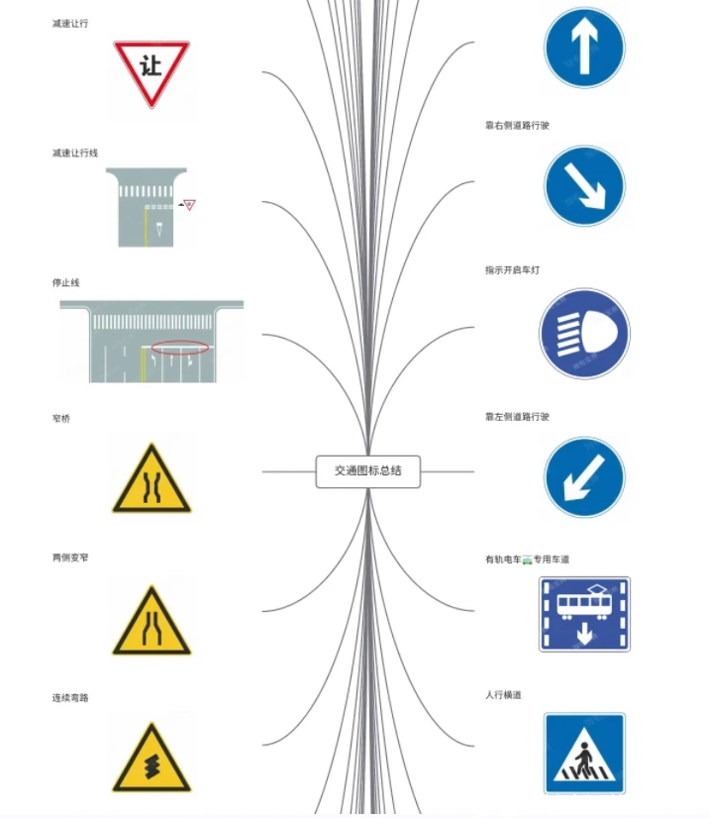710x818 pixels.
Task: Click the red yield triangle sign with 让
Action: pyautogui.click(x=152, y=71)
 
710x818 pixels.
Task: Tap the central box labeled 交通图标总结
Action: pyautogui.click(x=367, y=471)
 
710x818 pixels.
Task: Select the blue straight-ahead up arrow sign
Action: pyautogui.click(x=584, y=48)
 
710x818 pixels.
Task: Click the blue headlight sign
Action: pyautogui.click(x=584, y=334)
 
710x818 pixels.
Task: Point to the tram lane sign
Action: pyautogui.click(x=584, y=614)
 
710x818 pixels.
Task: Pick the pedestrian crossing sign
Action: pyautogui.click(x=584, y=754)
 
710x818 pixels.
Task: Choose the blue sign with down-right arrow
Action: pyautogui.click(x=584, y=186)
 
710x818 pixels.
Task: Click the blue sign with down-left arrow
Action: pyautogui.click(x=584, y=477)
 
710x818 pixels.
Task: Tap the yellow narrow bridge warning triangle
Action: pyautogui.click(x=152, y=480)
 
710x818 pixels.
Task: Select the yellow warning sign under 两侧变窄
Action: pyautogui.click(x=152, y=622)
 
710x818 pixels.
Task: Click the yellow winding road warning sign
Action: pyautogui.click(x=152, y=759)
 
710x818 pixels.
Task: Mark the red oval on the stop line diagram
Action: pyautogui.click(x=180, y=347)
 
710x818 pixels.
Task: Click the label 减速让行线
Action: pyautogui.click(x=74, y=153)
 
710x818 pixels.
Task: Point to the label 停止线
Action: pyautogui.click(x=65, y=283)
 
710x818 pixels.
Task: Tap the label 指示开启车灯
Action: pyautogui.click(x=512, y=270)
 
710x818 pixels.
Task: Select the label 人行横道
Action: pyautogui.click(x=503, y=695)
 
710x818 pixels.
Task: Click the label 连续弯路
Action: pyautogui.click(x=70, y=698)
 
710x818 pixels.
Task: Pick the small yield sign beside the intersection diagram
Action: pyautogui.click(x=189, y=204)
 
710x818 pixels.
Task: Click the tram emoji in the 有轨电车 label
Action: pyautogui.click(x=528, y=560)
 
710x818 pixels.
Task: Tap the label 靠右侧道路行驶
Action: pyautogui.click(x=517, y=125)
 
